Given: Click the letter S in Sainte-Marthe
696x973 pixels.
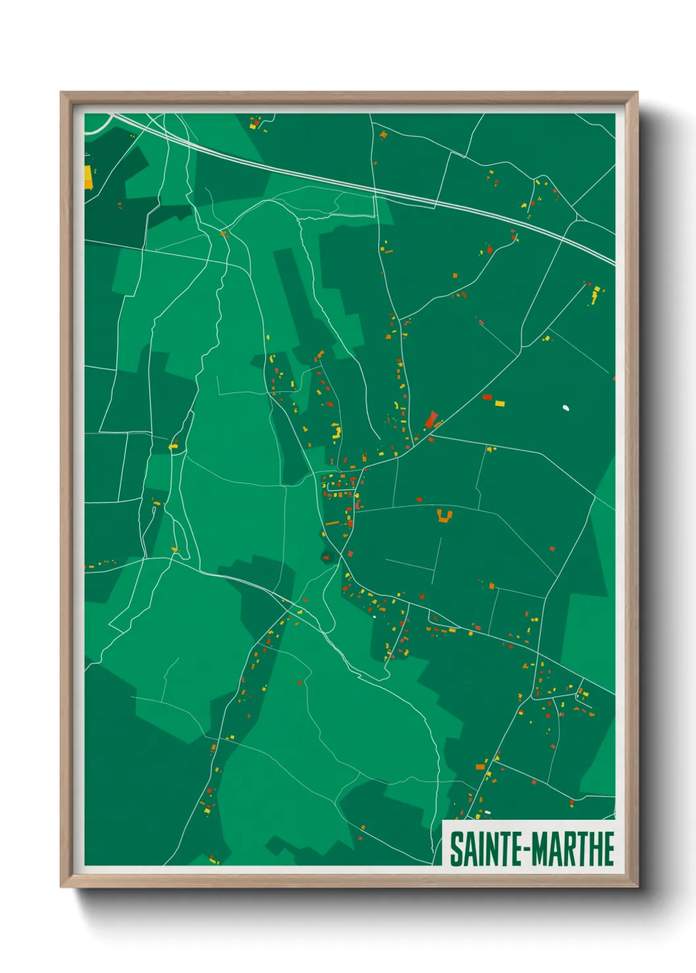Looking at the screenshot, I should pyautogui.click(x=455, y=849).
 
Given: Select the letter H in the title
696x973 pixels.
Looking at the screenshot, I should pyautogui.click(x=595, y=849).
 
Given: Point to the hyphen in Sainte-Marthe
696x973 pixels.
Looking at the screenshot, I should pyautogui.click(x=524, y=849).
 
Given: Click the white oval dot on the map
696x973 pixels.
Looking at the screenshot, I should pyautogui.click(x=566, y=408).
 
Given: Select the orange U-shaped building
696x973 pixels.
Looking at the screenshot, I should pyautogui.click(x=445, y=516).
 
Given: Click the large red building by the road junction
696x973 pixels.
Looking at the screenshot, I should pyautogui.click(x=432, y=419).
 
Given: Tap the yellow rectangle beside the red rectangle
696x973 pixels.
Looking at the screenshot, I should pyautogui.click(x=499, y=403).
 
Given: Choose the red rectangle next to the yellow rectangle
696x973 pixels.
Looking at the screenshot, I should pyautogui.click(x=487, y=397).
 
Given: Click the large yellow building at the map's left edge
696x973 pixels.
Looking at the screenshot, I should pyautogui.click(x=87, y=177).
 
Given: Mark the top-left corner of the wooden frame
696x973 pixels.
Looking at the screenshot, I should pyautogui.click(x=61, y=93).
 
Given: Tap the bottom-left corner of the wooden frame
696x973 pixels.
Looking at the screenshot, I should pyautogui.click(x=61, y=886).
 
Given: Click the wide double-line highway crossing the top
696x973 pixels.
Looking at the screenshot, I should pyautogui.click(x=368, y=185).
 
